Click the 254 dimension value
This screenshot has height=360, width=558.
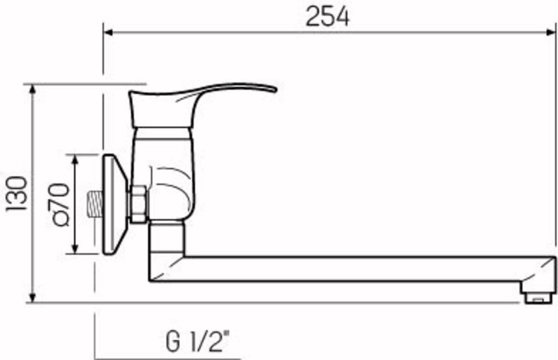coord(327,16)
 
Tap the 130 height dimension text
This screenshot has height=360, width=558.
coord(16,193)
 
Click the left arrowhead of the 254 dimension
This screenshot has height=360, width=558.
coord(108,33)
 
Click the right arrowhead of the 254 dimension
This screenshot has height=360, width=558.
coord(551,33)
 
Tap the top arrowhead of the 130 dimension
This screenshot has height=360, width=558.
coord(33,89)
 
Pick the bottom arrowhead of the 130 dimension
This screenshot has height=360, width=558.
coord(33,298)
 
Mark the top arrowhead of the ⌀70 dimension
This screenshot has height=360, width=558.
coord(75,160)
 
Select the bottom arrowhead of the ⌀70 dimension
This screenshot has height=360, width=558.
coord(75,249)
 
